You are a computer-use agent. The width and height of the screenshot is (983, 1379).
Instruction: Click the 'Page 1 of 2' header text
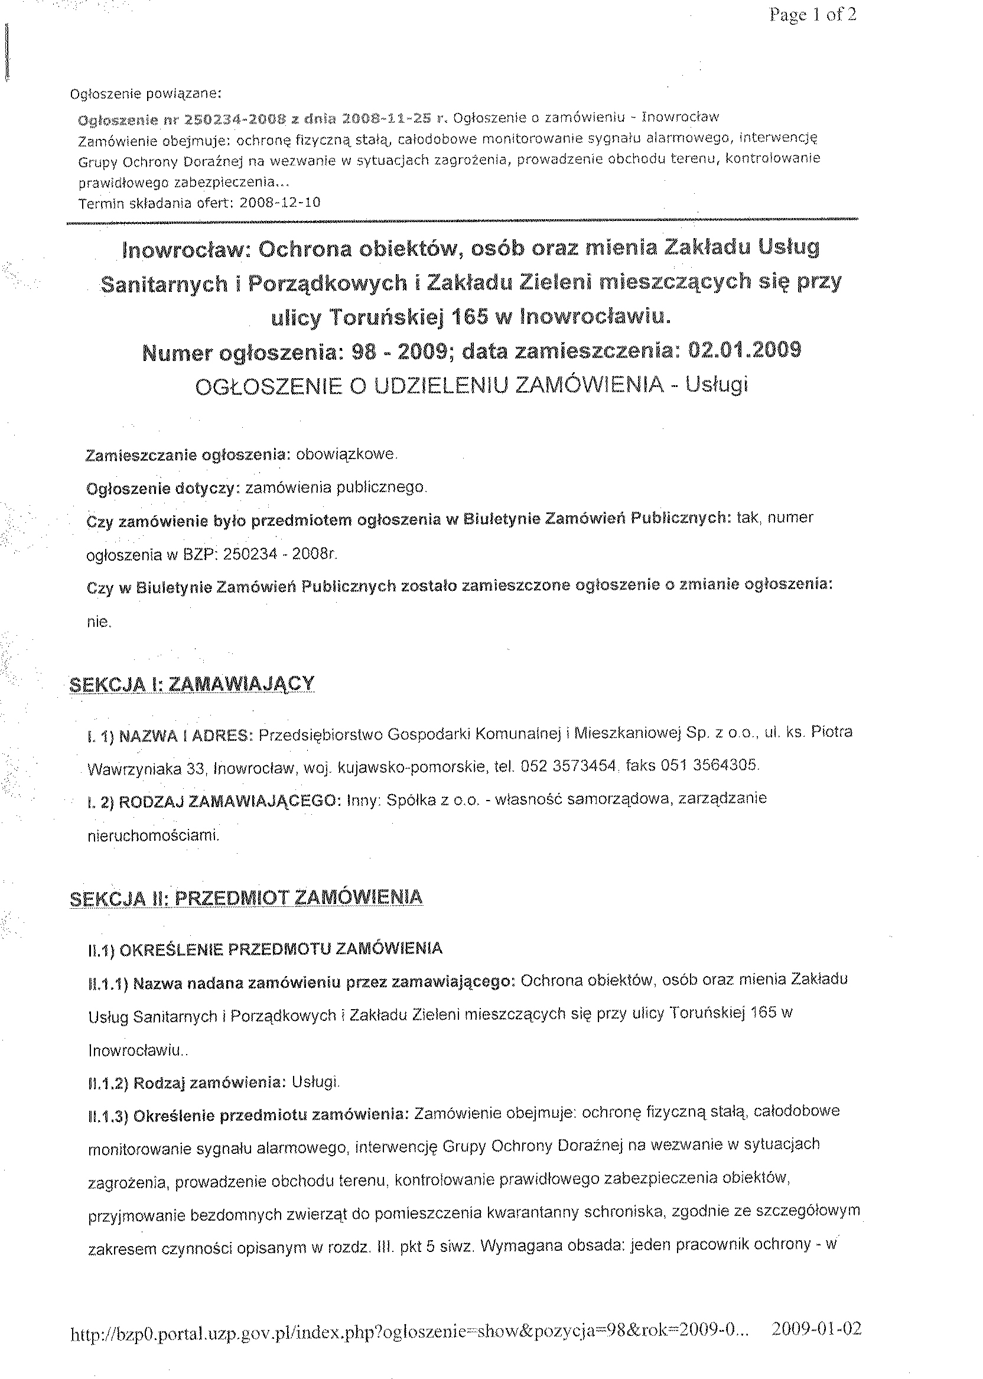point(812,15)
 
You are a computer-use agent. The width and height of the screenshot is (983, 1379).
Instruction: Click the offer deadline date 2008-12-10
point(279,203)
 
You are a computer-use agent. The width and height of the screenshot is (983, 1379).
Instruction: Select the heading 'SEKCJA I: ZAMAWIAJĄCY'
point(192,684)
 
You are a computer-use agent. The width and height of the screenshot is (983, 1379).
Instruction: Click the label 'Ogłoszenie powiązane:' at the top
point(146,94)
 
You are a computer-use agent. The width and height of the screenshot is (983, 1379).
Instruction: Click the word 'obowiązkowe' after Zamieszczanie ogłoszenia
point(346,454)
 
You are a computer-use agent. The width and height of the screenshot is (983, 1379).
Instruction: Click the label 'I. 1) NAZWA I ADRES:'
point(170,736)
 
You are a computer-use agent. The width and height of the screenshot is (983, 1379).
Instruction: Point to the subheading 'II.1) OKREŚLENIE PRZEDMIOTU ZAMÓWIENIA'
point(265,949)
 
